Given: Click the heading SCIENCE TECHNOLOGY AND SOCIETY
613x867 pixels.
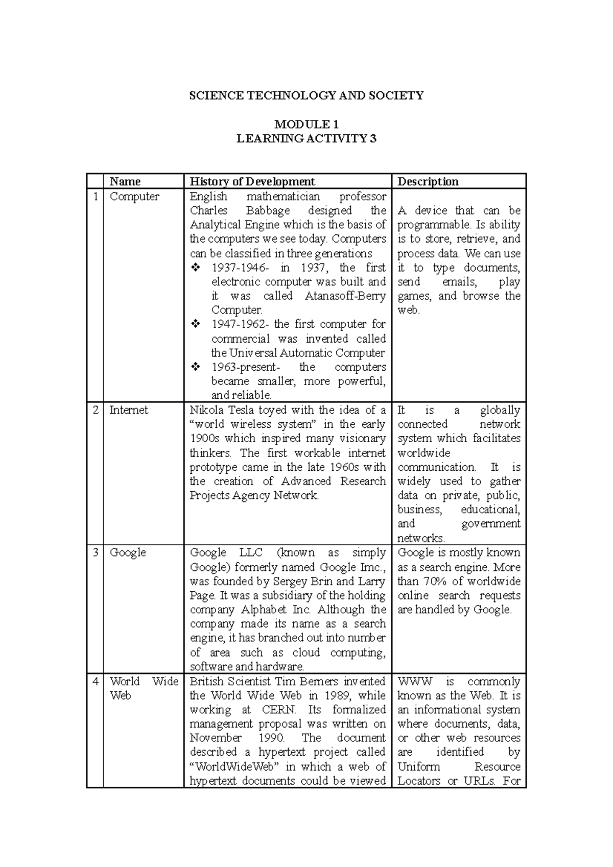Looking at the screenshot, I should [306, 95].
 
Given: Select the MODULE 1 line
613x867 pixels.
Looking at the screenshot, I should [306, 124].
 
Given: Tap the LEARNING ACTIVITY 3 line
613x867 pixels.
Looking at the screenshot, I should [306, 138].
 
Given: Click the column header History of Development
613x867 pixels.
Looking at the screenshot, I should [252, 181].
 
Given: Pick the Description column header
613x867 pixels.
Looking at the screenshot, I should [428, 181].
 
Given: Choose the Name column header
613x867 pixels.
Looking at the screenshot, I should [125, 181].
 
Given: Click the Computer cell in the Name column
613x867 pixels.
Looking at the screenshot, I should [134, 197].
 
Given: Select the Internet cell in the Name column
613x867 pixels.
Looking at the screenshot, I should [129, 410].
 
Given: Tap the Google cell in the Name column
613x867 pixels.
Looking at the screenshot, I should [128, 552].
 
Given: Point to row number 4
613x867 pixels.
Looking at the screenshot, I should [96, 681].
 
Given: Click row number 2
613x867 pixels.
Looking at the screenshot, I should [96, 410].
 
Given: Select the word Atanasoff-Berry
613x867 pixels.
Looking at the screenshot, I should [345, 296].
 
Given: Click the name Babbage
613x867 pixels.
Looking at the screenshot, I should [268, 210].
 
